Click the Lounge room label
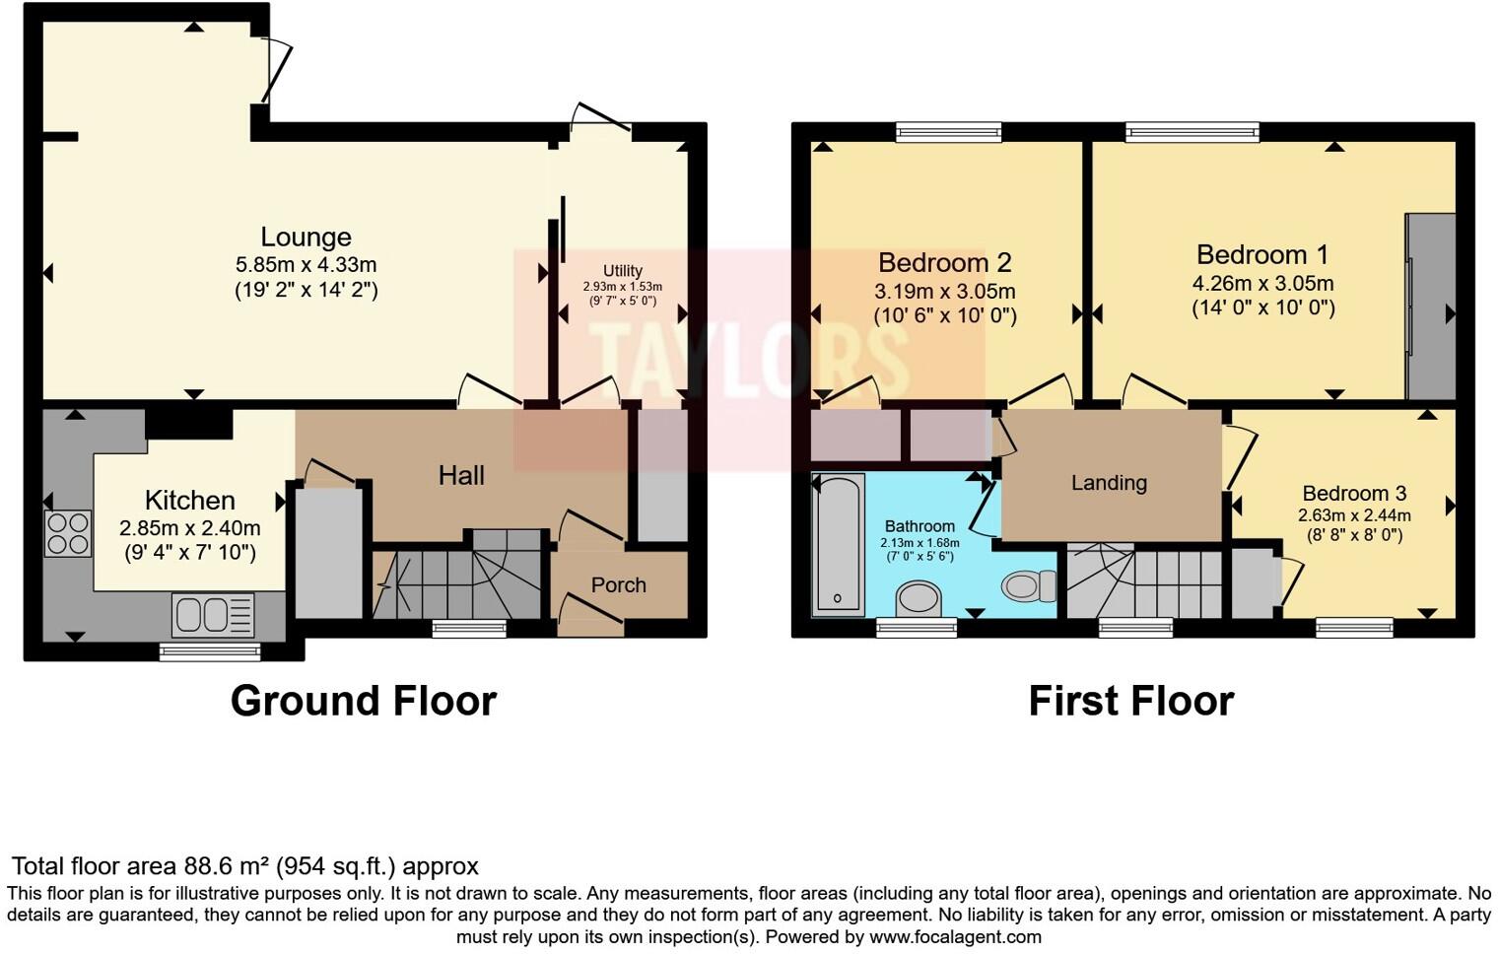click(306, 238)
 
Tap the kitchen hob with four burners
click(68, 533)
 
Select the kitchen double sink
click(213, 614)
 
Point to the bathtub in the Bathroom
click(838, 544)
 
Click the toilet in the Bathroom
click(1029, 586)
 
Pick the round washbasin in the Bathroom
click(918, 597)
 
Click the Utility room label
click(623, 271)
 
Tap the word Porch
click(619, 585)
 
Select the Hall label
click(461, 476)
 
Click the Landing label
click(1109, 483)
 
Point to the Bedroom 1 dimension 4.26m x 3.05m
click(1263, 284)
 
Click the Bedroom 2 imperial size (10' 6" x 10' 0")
click(945, 315)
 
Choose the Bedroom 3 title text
click(1354, 494)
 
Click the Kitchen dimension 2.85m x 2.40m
click(190, 528)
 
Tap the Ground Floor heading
click(363, 701)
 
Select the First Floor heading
click(1130, 701)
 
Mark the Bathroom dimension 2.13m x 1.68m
click(919, 543)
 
